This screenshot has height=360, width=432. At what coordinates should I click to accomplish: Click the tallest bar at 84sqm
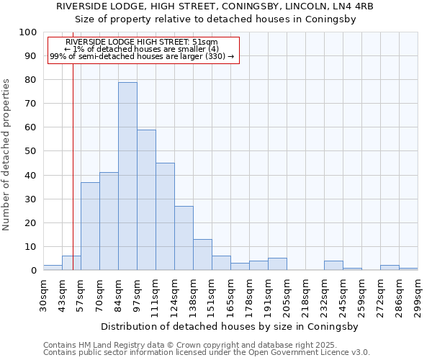pyautogui.click(x=127, y=176)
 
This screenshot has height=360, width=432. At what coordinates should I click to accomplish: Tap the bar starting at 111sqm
pyautogui.click(x=165, y=217)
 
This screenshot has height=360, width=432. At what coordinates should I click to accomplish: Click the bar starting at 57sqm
pyautogui.click(x=90, y=226)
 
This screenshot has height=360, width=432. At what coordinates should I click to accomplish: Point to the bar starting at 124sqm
pyautogui.click(x=184, y=238)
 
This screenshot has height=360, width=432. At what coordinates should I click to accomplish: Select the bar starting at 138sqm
pyautogui.click(x=202, y=255)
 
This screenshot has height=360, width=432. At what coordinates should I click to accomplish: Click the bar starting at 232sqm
pyautogui.click(x=333, y=266)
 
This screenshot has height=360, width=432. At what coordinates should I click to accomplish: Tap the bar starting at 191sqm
pyautogui.click(x=277, y=264)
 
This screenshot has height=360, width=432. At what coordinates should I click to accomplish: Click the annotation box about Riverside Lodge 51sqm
pyautogui.click(x=143, y=49)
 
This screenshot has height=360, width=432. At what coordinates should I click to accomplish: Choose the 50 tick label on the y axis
pyautogui.click(x=30, y=151)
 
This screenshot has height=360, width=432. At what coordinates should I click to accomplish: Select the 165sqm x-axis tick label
pyautogui.click(x=230, y=294)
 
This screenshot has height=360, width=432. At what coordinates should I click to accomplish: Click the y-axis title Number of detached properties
pyautogui.click(x=6, y=155)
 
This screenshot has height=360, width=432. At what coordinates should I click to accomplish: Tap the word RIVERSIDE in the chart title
pyautogui.click(x=82, y=6)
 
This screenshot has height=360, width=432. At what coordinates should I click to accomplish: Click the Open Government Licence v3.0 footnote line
pyautogui.click(x=207, y=352)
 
